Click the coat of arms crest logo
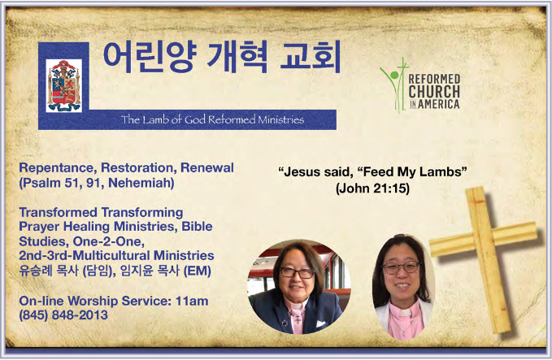63,86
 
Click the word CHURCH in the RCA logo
434,91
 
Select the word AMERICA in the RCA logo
439,104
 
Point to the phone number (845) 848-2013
63,315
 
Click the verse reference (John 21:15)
372,189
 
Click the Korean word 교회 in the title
311,57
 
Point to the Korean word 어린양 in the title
149,58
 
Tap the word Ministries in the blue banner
280,119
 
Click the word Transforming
142,213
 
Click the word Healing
87,227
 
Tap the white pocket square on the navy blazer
320,323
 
